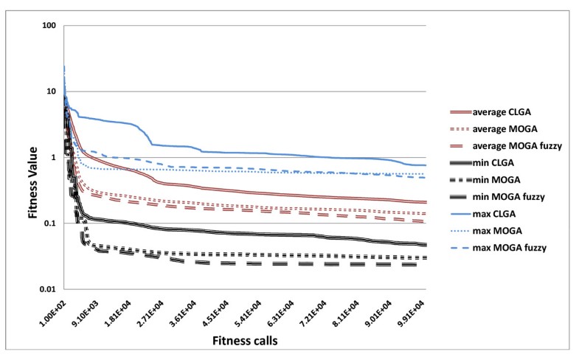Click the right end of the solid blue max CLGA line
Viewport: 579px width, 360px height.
(426, 165)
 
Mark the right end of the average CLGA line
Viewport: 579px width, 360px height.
(426, 202)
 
